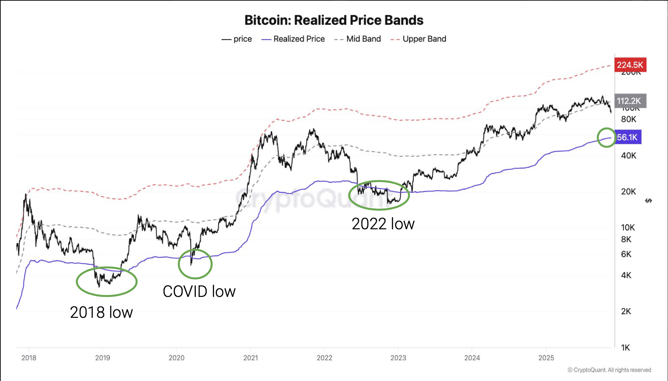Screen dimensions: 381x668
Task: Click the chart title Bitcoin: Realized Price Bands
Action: click(334, 20)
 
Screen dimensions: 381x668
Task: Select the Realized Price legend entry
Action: click(293, 39)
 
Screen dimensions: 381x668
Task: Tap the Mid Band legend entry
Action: click(358, 39)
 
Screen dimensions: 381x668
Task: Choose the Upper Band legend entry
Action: click(419, 39)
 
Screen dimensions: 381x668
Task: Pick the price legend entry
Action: click(237, 39)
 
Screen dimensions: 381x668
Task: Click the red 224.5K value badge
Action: click(630, 65)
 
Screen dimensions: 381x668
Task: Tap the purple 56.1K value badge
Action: click(627, 137)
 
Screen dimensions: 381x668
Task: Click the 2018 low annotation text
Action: click(101, 312)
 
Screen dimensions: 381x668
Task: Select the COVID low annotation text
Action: click(199, 291)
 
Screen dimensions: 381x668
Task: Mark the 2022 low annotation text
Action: click(383, 224)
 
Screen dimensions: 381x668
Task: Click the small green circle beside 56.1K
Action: click(606, 138)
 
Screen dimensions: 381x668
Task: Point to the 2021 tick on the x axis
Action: click(250, 358)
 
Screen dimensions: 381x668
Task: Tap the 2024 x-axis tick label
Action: click(472, 358)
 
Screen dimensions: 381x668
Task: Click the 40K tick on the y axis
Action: click(628, 155)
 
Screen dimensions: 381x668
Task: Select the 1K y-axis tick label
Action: click(625, 348)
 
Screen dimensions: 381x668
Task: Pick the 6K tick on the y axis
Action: click(626, 254)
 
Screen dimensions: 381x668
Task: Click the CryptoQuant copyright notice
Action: click(609, 370)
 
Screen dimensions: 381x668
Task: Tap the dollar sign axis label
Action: click(648, 200)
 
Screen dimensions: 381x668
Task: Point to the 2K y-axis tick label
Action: click(626, 311)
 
